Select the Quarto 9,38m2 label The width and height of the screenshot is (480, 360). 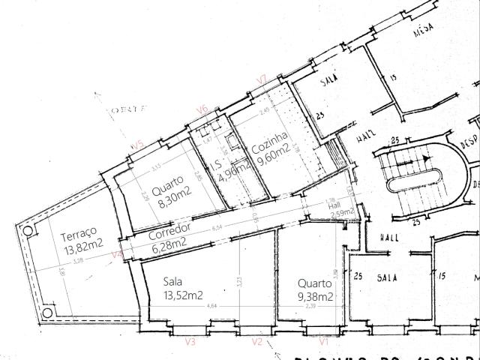pyautogui.click(x=315, y=290)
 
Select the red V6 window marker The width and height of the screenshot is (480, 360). pyautogui.click(x=201, y=109)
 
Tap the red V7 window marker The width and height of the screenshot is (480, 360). pyautogui.click(x=262, y=78)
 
